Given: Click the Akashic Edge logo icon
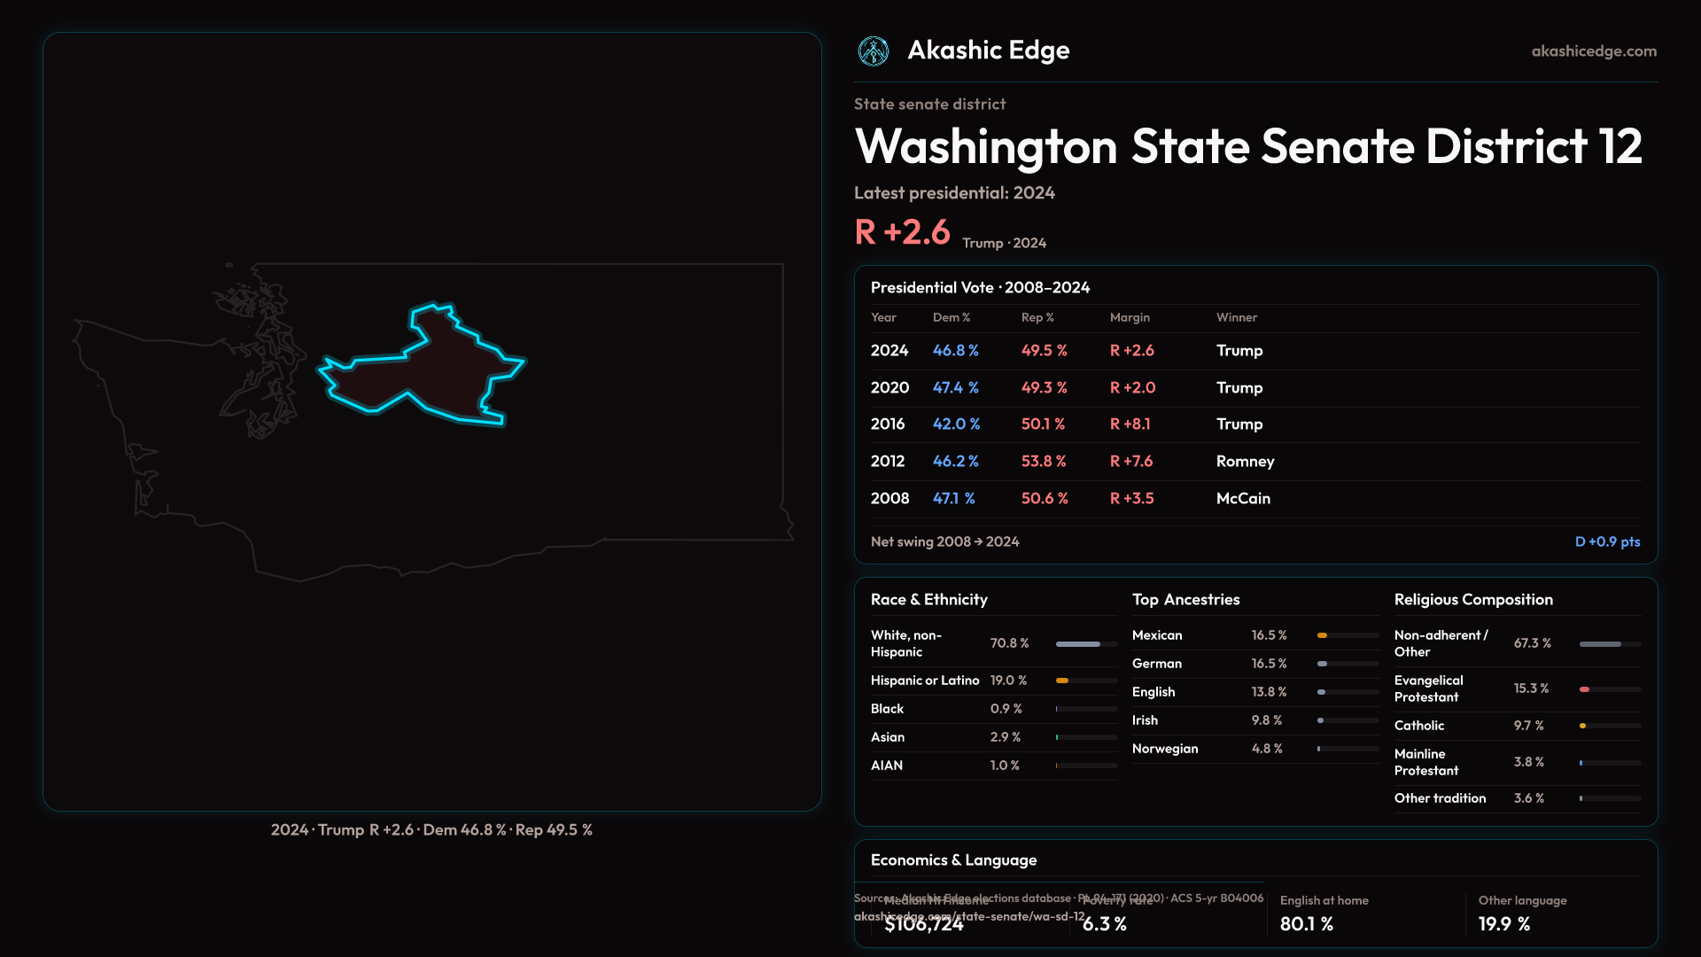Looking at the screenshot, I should pyautogui.click(x=874, y=51).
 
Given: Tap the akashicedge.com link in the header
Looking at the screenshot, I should pyautogui.click(x=1594, y=51).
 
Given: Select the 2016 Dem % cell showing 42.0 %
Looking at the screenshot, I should pyautogui.click(x=956, y=424).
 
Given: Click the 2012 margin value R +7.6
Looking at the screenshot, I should pyautogui.click(x=1131, y=462).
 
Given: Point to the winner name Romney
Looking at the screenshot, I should pyautogui.click(x=1245, y=462).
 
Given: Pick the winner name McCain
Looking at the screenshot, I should pyautogui.click(x=1243, y=499).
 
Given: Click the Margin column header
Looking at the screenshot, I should pyautogui.click(x=1130, y=317).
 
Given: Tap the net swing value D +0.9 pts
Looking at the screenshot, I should pyautogui.click(x=1607, y=541).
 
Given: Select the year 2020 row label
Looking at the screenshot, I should pyautogui.click(x=889, y=388).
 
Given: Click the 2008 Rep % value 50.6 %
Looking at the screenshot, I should pyautogui.click(x=1045, y=499).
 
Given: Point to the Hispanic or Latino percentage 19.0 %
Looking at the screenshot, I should pyautogui.click(x=1008, y=681).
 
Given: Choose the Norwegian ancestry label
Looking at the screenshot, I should pyautogui.click(x=1165, y=749).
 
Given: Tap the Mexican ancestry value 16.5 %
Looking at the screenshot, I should pyautogui.click(x=1269, y=635).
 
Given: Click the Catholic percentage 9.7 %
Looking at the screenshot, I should pyautogui.click(x=1528, y=726).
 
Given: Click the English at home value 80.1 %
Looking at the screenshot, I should pyautogui.click(x=1306, y=924).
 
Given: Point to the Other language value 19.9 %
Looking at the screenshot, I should pyautogui.click(x=1503, y=924).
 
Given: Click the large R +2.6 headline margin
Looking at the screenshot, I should pyautogui.click(x=902, y=232).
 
